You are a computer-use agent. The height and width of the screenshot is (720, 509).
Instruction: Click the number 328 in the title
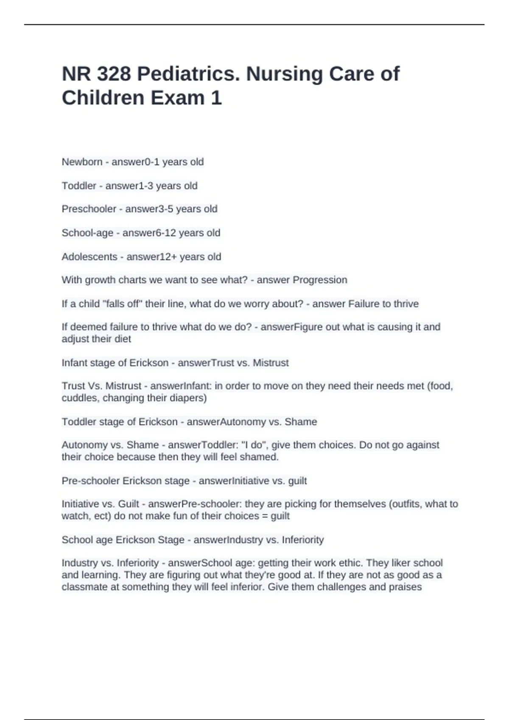[x=113, y=74]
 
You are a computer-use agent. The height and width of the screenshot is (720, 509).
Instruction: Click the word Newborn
[x=82, y=162]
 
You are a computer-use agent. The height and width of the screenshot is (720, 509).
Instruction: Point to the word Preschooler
[x=89, y=209]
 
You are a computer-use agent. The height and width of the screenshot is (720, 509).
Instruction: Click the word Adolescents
[x=89, y=257]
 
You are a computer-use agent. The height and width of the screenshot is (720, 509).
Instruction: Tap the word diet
[x=123, y=339]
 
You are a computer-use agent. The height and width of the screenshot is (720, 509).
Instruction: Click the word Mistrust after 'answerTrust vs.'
[x=271, y=363]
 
